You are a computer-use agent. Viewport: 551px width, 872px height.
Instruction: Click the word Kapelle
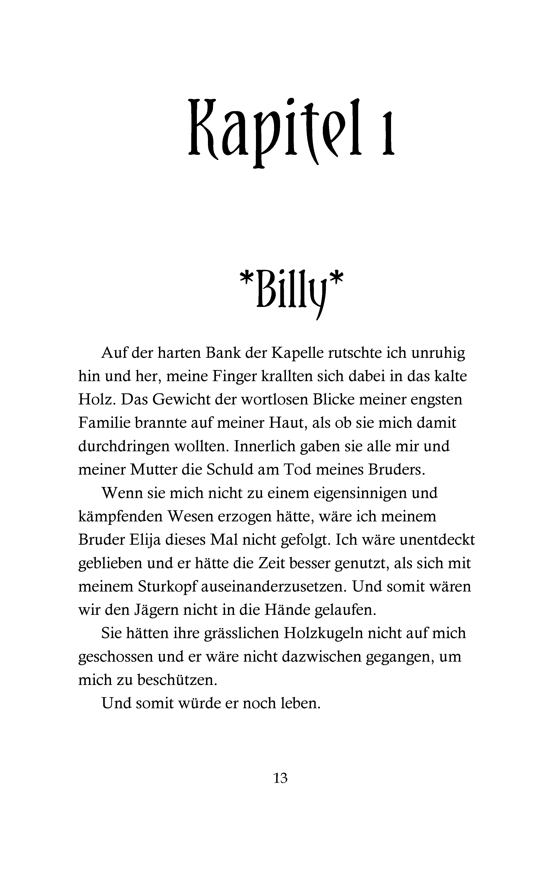click(297, 353)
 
